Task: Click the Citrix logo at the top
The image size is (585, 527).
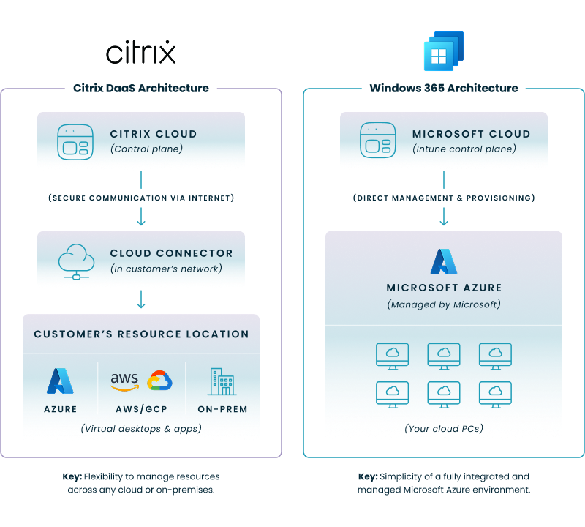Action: click(x=141, y=53)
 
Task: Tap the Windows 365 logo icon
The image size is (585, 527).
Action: click(x=443, y=51)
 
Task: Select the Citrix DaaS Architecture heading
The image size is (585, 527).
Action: click(x=141, y=88)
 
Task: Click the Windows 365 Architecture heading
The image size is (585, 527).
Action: click(x=444, y=88)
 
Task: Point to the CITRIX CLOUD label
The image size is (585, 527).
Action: click(x=154, y=134)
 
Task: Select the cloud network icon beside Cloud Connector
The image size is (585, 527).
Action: click(x=75, y=260)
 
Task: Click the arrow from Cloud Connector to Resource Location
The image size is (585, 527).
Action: click(x=141, y=300)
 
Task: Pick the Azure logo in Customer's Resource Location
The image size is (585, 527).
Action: click(x=60, y=381)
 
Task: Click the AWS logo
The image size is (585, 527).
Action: click(x=124, y=381)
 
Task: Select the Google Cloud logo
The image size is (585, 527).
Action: click(x=159, y=381)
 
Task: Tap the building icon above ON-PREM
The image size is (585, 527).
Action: click(x=222, y=381)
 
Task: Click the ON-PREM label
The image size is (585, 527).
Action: click(x=222, y=409)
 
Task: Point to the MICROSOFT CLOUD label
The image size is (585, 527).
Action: click(x=471, y=134)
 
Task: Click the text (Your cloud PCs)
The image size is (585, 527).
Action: click(x=444, y=428)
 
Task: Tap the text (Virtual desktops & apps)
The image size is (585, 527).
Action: click(x=141, y=428)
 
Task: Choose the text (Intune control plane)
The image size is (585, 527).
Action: click(x=464, y=149)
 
